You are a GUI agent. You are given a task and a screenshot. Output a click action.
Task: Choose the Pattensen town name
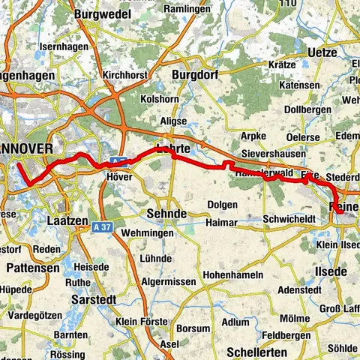tap(31, 266)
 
